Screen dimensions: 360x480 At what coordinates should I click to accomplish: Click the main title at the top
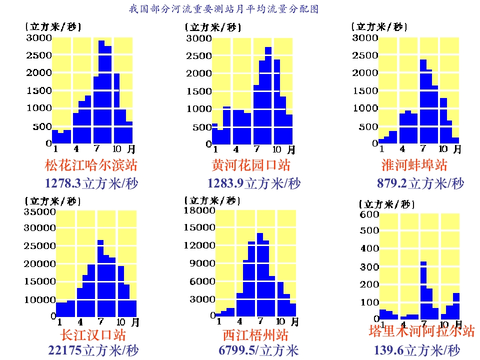223,9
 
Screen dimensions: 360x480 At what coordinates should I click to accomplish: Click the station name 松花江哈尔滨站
91,165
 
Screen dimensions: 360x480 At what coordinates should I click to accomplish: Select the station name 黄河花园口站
251,165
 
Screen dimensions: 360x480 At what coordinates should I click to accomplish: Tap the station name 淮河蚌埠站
414,165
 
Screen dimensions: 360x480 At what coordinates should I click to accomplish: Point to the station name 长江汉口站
93,334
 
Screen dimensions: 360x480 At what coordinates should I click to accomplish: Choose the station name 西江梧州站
255,334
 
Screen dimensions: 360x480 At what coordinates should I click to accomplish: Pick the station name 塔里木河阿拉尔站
421,330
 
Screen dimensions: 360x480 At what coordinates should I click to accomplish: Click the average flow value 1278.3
62,183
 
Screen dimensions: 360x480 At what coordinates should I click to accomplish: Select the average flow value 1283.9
225,183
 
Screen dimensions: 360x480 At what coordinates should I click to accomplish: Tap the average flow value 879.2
392,183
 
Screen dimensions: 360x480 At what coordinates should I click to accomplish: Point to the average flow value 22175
65,350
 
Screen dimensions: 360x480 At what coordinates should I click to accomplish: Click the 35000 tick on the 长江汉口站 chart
39,211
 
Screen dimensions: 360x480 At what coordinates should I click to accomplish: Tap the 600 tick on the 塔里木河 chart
369,214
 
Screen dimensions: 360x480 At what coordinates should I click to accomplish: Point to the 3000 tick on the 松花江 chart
39,38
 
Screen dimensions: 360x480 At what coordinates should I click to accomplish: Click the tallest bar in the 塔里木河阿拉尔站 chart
423,290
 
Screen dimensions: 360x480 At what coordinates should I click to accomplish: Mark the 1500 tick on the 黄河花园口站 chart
199,91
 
